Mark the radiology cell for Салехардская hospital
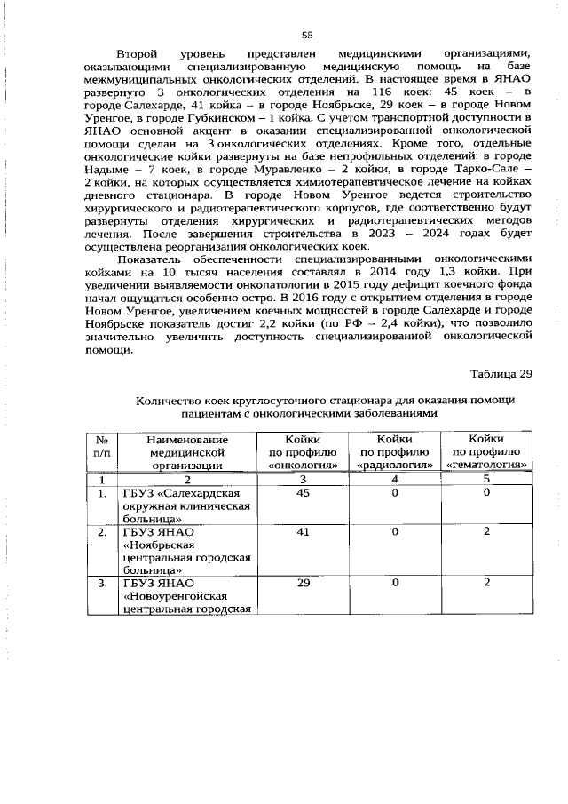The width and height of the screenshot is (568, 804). coord(394,493)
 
